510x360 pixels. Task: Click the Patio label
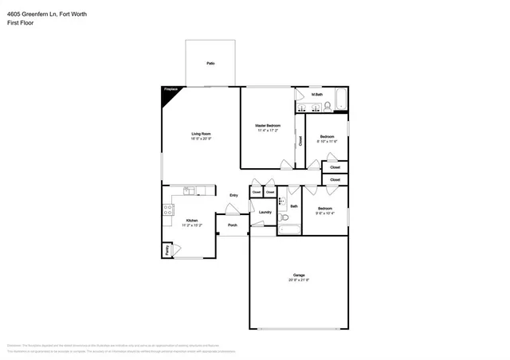tap(211, 63)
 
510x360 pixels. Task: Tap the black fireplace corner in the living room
tap(168, 92)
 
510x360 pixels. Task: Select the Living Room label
tap(201, 133)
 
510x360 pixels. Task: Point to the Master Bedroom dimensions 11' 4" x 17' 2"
tap(268, 131)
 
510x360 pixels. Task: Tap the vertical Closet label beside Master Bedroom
tap(300, 140)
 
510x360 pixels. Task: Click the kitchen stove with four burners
tap(168, 210)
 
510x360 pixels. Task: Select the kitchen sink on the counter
tap(189, 191)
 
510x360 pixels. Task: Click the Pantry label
tap(167, 250)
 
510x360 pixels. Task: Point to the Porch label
tap(233, 225)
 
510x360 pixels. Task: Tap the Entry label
tap(233, 195)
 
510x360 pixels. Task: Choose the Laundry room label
tap(265, 212)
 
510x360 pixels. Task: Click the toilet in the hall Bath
tap(281, 202)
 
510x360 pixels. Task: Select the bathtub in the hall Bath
tap(288, 230)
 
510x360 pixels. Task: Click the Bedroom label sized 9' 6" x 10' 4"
tap(324, 208)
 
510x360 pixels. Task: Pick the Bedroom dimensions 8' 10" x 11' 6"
tap(327, 142)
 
